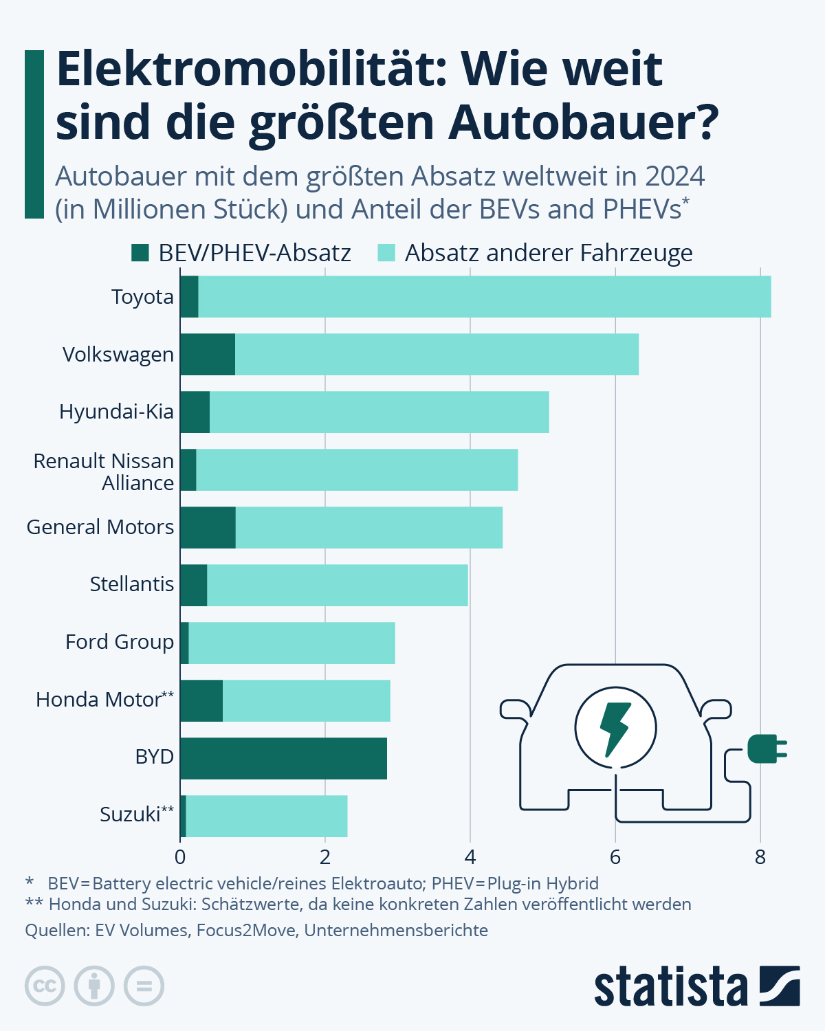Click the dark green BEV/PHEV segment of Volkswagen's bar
pyautogui.click(x=208, y=354)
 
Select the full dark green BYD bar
pyautogui.click(x=283, y=758)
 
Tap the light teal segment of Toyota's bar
pyautogui.click(x=485, y=296)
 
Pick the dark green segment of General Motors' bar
pyautogui.click(x=208, y=527)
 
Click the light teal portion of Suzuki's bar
pyautogui.click(x=267, y=816)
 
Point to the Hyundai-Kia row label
pyautogui.click(x=116, y=412)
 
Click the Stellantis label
pyautogui.click(x=131, y=584)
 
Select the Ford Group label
pyautogui.click(x=120, y=642)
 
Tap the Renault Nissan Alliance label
pyautogui.click(x=104, y=472)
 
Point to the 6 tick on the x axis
pyautogui.click(x=615, y=857)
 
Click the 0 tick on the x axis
pyautogui.click(x=180, y=857)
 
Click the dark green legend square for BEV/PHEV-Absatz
pyautogui.click(x=140, y=253)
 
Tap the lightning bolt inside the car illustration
pyautogui.click(x=615, y=728)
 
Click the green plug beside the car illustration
pyautogui.click(x=765, y=749)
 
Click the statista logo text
pyautogui.click(x=670, y=988)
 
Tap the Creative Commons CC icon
pyautogui.click(x=45, y=986)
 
